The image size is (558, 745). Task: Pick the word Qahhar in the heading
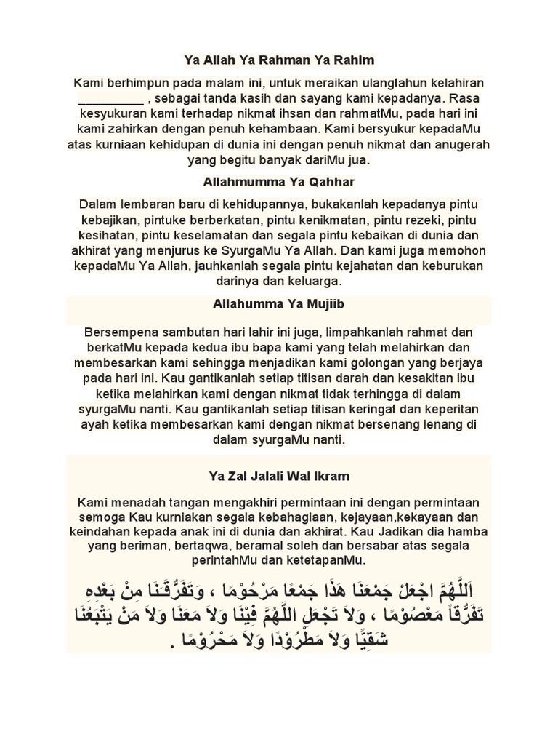tap(318, 180)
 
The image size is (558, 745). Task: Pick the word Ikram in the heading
tap(329, 477)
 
